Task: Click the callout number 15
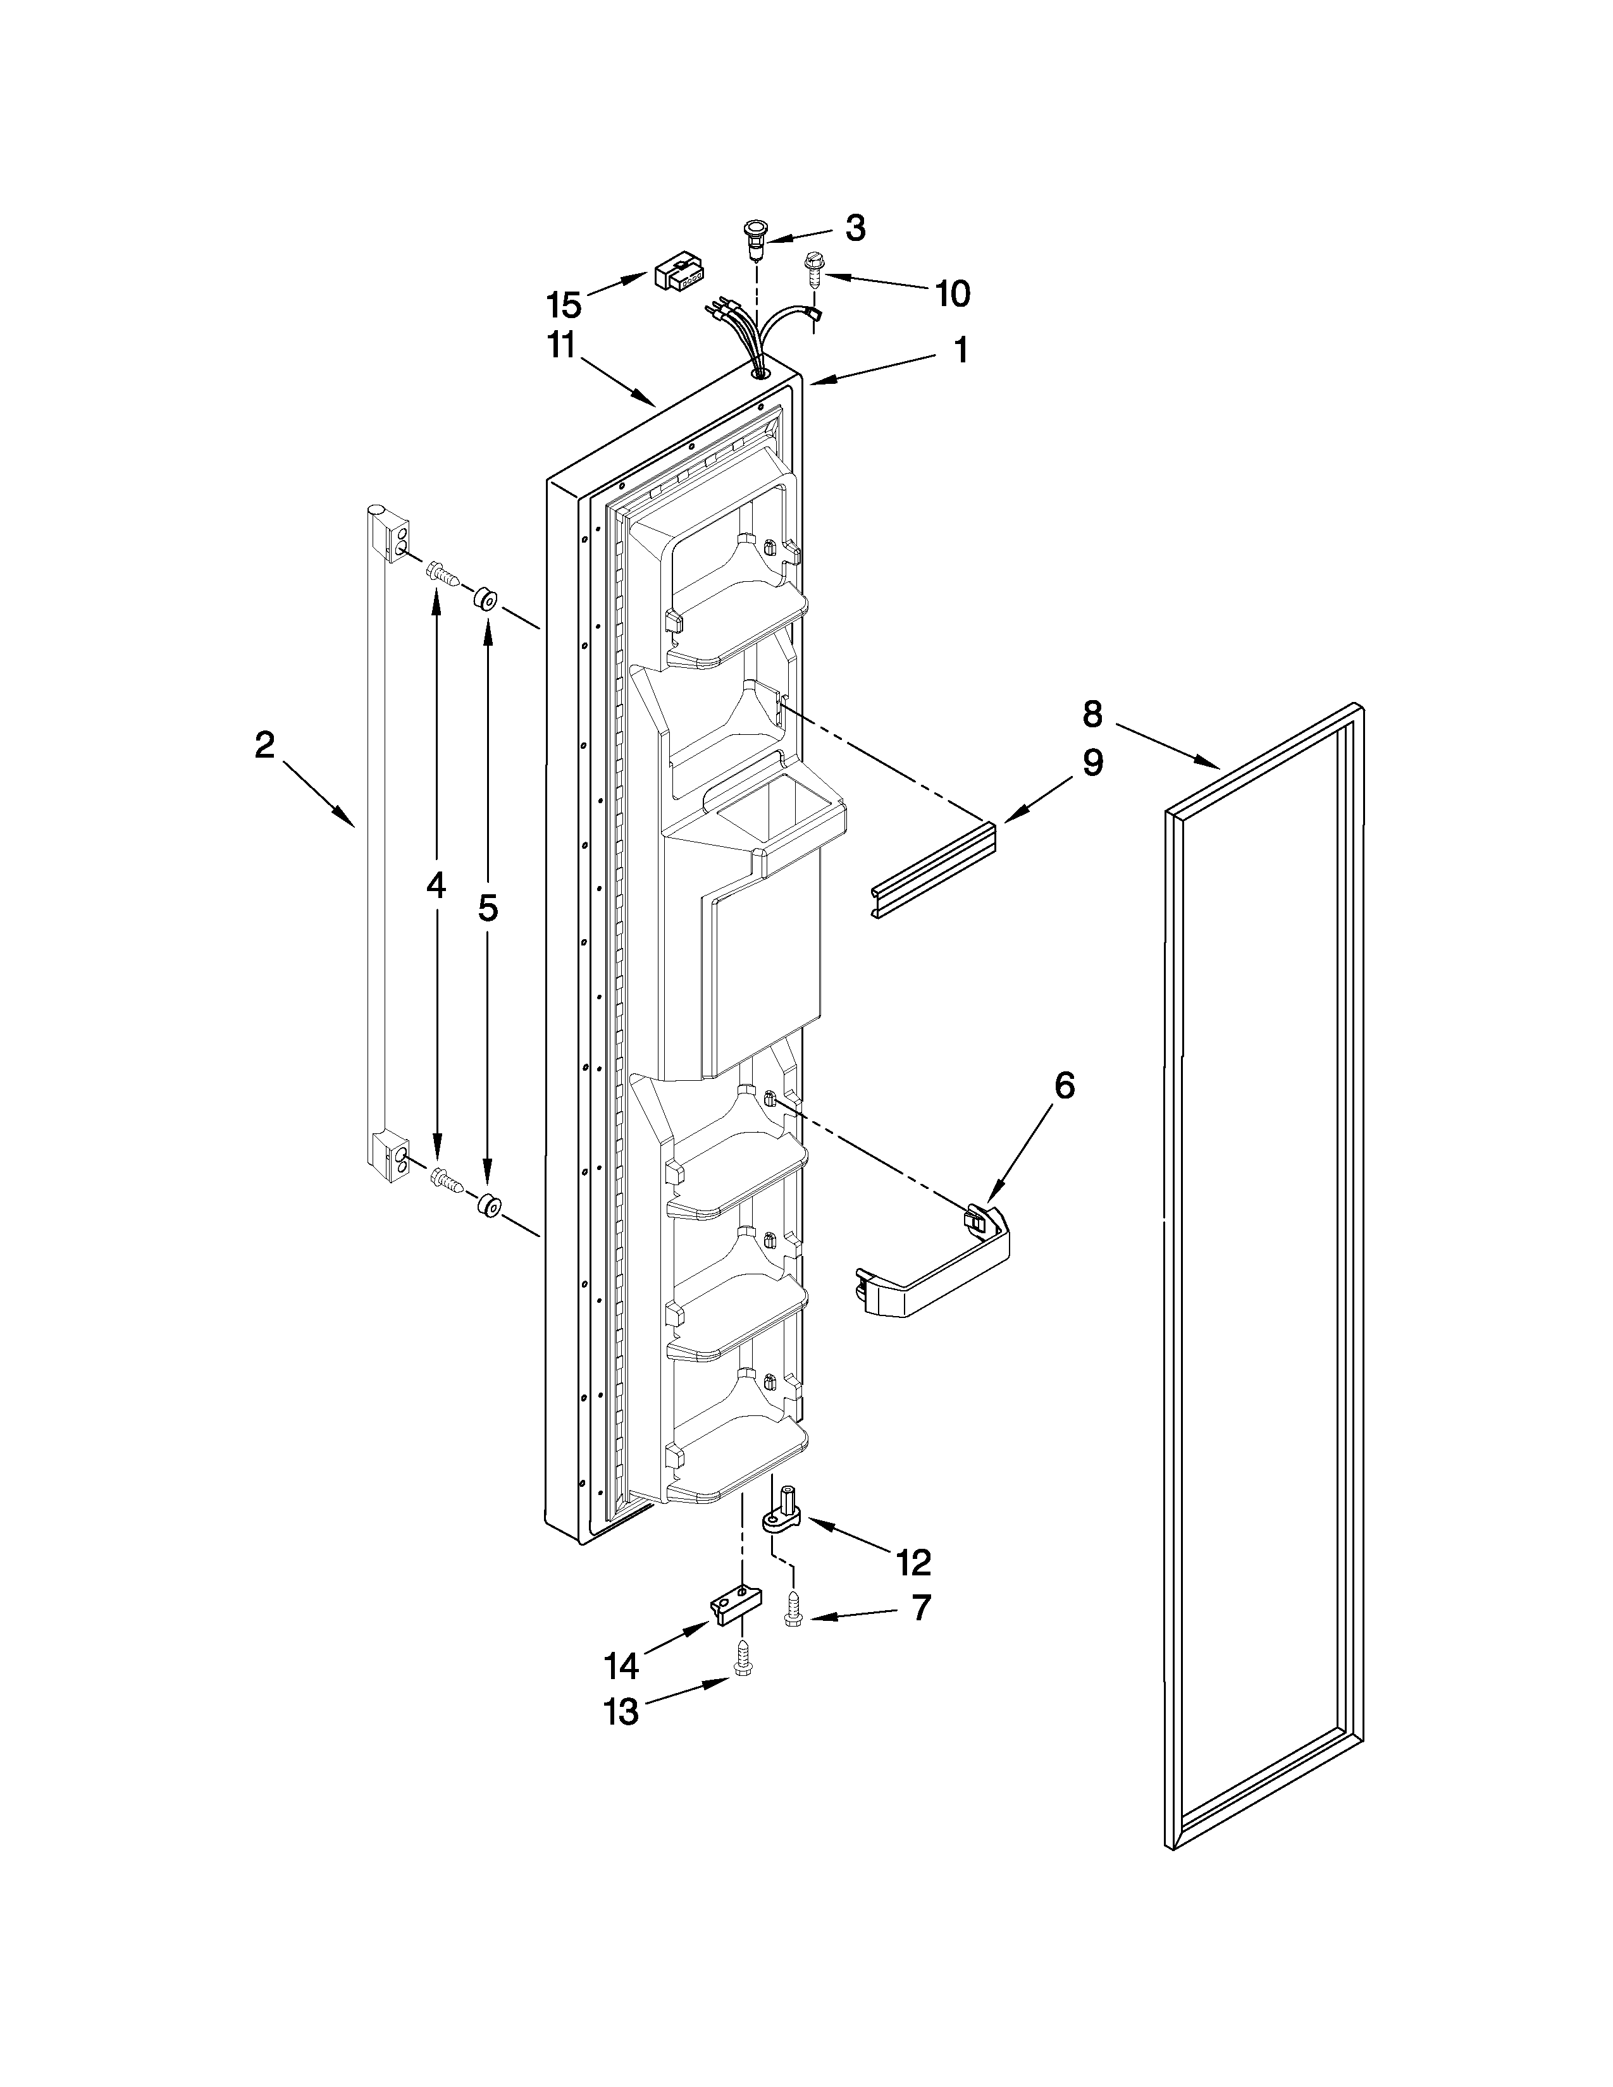click(x=564, y=306)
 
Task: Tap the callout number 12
click(x=913, y=1562)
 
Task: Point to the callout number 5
click(x=487, y=907)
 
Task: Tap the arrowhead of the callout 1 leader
click(x=814, y=382)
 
